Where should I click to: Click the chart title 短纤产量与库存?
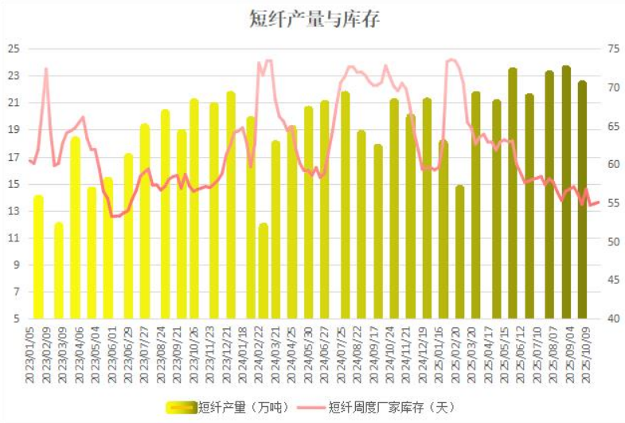313,20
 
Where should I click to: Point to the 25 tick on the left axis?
14,49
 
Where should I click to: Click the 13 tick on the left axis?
14,211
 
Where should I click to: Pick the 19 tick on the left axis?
14,130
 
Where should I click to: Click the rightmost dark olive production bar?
583,199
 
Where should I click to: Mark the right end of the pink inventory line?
598,202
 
